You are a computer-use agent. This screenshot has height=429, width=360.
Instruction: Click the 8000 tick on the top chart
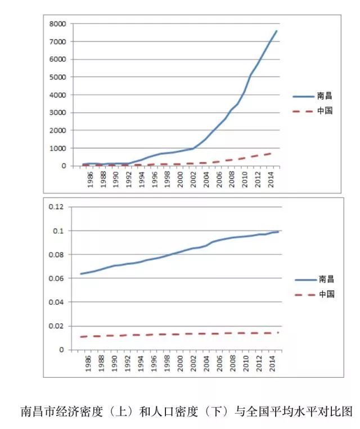[57, 24]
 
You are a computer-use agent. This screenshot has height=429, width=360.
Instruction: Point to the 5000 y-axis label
[57, 77]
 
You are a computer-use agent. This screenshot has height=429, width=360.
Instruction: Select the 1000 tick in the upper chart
[57, 148]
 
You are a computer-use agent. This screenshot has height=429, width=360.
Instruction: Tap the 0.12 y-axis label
[56, 207]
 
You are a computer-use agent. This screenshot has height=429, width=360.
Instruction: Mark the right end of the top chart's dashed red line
[272, 152]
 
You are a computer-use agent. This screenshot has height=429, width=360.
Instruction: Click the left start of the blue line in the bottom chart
[81, 274]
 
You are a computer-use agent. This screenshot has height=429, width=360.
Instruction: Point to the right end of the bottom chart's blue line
[278, 232]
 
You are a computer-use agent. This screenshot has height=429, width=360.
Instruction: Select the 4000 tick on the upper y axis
[57, 94]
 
